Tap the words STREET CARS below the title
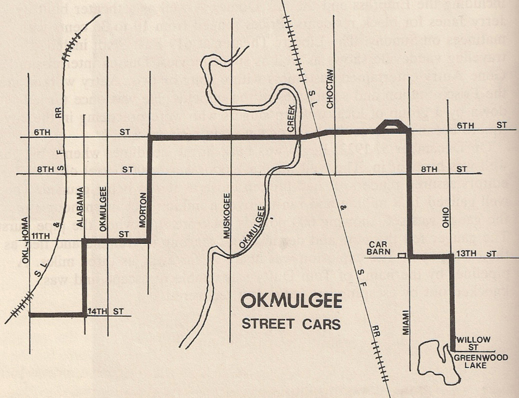291,324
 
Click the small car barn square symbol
402,256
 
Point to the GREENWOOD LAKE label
470,361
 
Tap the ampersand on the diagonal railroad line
343,208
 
